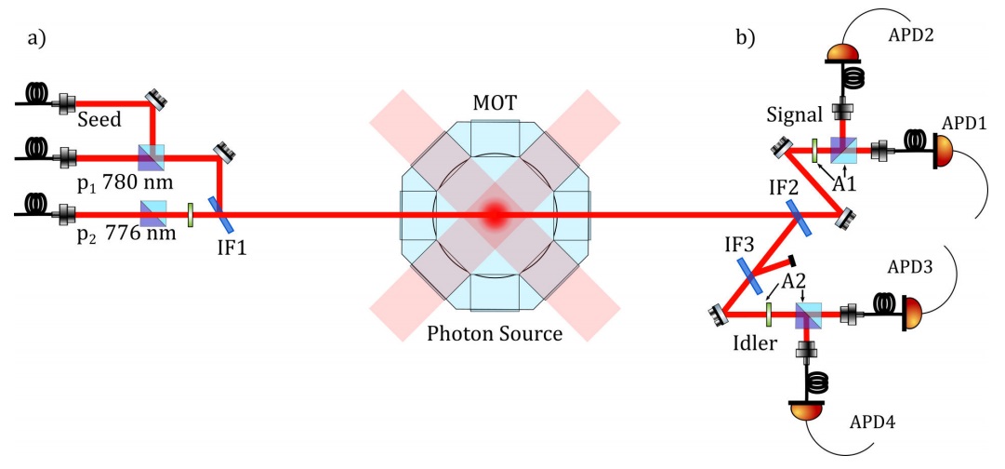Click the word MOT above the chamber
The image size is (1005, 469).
click(495, 100)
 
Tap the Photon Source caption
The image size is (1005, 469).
click(495, 332)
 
